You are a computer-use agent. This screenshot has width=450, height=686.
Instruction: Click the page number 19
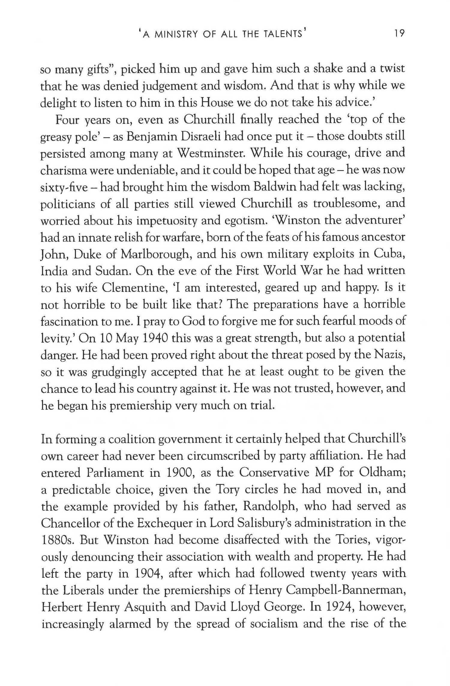(x=399, y=34)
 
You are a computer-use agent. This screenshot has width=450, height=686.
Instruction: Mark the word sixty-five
(x=64, y=188)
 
